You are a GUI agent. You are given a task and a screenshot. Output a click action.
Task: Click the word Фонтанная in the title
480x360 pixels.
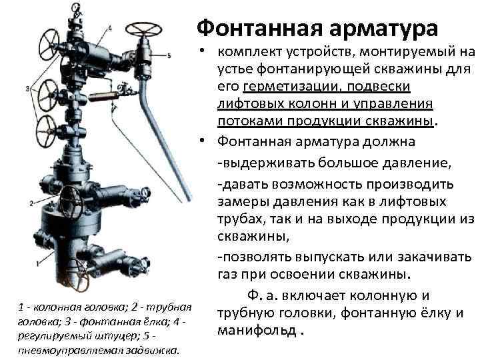[x=260, y=28]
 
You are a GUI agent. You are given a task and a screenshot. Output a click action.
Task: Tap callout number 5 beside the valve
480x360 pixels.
[x=169, y=56]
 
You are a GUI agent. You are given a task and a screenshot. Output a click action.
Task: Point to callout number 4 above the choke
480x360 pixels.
[x=110, y=29]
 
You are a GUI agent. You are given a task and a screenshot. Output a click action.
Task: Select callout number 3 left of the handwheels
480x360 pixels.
[x=27, y=89]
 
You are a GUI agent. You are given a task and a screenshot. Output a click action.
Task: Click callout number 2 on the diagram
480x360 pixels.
[x=31, y=203]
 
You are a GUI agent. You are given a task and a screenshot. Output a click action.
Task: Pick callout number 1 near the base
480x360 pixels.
[x=38, y=263]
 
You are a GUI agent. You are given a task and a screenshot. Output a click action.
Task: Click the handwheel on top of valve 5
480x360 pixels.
[x=143, y=29]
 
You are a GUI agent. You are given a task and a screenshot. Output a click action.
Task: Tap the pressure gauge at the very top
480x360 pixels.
[x=75, y=7]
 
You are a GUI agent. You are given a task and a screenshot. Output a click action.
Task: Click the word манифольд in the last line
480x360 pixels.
[x=257, y=331]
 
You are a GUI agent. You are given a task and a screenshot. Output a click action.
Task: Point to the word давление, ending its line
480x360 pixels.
[x=417, y=163]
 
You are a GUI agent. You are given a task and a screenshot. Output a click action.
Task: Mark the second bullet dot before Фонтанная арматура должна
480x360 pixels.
[x=201, y=140]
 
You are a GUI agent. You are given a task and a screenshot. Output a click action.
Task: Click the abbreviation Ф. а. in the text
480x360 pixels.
[x=263, y=296]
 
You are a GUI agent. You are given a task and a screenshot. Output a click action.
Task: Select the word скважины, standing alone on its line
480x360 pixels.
[x=253, y=236]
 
